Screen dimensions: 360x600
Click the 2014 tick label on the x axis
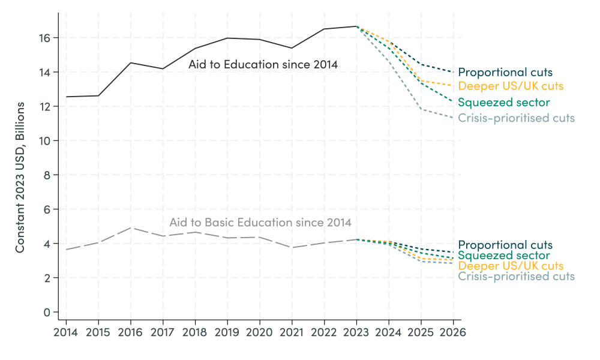click(x=66, y=331)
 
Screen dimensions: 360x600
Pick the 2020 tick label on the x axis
click(x=259, y=331)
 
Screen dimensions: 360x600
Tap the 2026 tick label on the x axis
click(x=453, y=331)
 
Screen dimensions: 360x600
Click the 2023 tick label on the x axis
click(x=356, y=331)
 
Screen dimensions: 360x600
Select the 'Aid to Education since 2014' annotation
click(x=263, y=64)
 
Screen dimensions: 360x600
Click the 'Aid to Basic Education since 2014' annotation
click(x=260, y=223)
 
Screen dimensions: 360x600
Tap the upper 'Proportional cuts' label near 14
click(x=505, y=73)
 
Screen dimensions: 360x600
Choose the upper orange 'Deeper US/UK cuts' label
click(x=511, y=86)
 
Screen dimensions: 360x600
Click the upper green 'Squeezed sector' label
click(x=503, y=103)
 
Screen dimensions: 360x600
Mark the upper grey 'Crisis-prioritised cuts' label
click(x=516, y=118)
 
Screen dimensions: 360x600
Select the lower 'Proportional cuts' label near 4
click(x=505, y=245)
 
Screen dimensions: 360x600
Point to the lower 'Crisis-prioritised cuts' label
click(x=516, y=277)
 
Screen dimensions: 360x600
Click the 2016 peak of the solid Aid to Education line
click(x=131, y=63)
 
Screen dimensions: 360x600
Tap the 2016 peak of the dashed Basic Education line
click(x=131, y=228)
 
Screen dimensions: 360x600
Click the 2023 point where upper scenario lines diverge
click(x=356, y=26)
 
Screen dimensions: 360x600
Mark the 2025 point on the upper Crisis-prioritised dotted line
click(x=421, y=109)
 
